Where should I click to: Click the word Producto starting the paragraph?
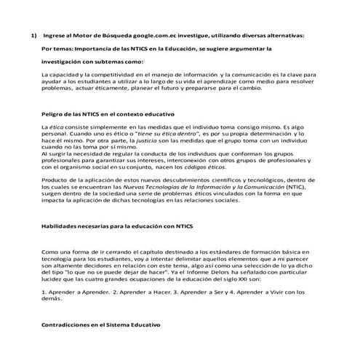(55, 179)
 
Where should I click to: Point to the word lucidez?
(52, 277)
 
